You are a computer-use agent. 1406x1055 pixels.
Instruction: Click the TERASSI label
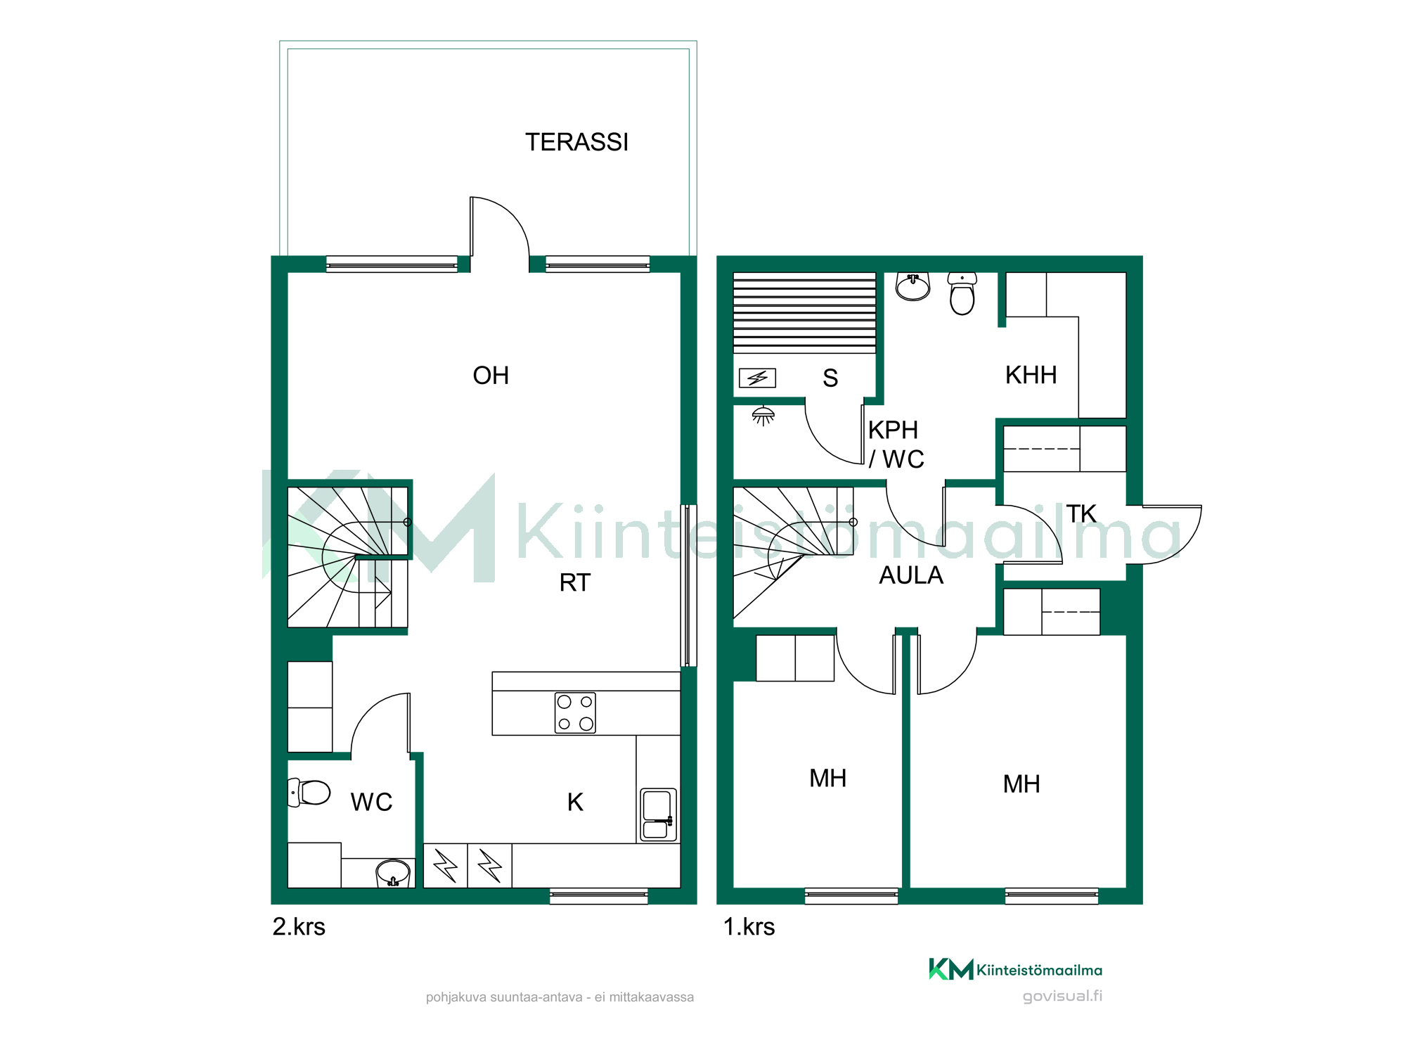576,142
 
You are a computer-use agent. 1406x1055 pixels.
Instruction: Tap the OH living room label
491,376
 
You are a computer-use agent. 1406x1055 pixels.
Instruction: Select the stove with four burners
575,713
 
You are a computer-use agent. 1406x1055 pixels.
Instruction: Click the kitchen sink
658,814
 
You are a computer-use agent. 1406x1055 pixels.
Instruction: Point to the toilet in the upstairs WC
309,793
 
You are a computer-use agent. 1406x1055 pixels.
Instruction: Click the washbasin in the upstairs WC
393,874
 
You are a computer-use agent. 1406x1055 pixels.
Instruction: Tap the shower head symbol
763,416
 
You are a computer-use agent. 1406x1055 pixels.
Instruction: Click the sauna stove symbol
757,378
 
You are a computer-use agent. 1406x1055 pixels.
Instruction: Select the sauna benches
804,313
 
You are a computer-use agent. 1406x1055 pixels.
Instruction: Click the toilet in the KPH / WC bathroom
962,293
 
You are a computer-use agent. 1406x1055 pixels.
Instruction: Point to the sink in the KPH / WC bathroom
913,287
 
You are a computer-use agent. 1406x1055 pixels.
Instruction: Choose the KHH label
1031,376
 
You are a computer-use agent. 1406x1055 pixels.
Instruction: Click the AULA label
911,575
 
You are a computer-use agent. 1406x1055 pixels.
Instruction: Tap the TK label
1081,514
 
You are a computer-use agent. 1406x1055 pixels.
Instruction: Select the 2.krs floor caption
299,927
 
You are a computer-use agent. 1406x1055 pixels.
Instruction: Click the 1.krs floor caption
749,927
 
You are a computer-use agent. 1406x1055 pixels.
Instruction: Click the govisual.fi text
1062,997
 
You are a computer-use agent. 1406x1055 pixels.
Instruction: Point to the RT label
575,583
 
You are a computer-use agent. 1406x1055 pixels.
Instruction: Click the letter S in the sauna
830,378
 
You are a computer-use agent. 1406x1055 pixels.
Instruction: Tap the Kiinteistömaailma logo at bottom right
1015,970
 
